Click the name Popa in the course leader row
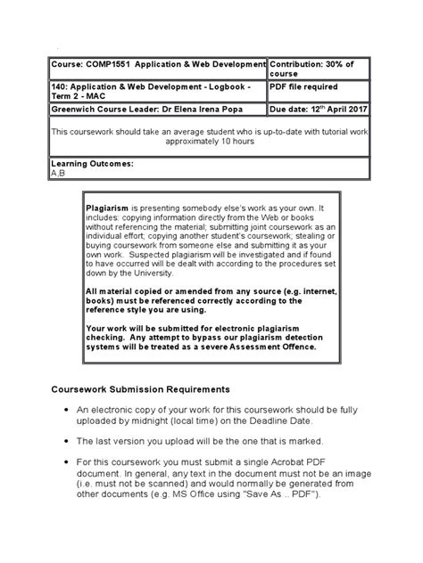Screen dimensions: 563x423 point(247,110)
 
